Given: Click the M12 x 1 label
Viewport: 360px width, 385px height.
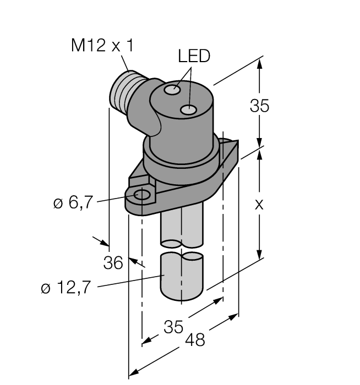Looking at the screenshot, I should coord(102,46).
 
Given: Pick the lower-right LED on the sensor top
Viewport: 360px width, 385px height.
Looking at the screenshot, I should coord(189,111).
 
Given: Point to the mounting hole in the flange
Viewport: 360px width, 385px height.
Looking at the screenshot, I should coord(143,195).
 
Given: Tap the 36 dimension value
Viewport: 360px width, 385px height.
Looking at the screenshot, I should coord(113,263).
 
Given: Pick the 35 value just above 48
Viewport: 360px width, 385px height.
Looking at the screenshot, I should coord(174,327).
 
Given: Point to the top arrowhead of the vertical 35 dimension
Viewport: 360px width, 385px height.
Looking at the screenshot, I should coord(260,62).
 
